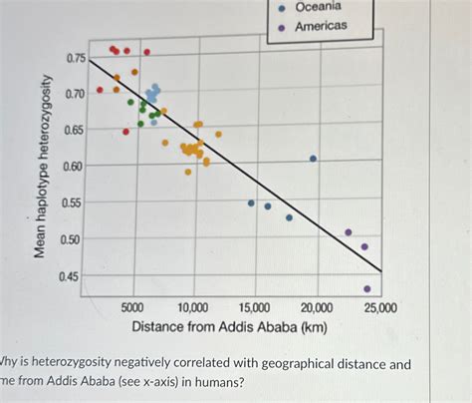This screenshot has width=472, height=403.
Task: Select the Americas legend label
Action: [x=321, y=26]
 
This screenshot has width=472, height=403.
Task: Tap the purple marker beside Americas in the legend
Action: [x=282, y=27]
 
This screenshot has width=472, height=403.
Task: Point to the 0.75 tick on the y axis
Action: [x=76, y=59]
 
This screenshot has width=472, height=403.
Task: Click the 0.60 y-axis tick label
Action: [x=76, y=167]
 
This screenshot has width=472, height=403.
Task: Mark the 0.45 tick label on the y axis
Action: [x=76, y=276]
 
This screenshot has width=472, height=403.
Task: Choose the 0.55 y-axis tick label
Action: [x=76, y=203]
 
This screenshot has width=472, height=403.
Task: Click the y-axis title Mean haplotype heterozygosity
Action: [x=42, y=166]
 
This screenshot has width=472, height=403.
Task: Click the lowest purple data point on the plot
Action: [x=367, y=289]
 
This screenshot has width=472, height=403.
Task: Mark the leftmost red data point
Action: [x=100, y=90]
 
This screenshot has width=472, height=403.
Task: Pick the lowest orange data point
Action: [x=187, y=172]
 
